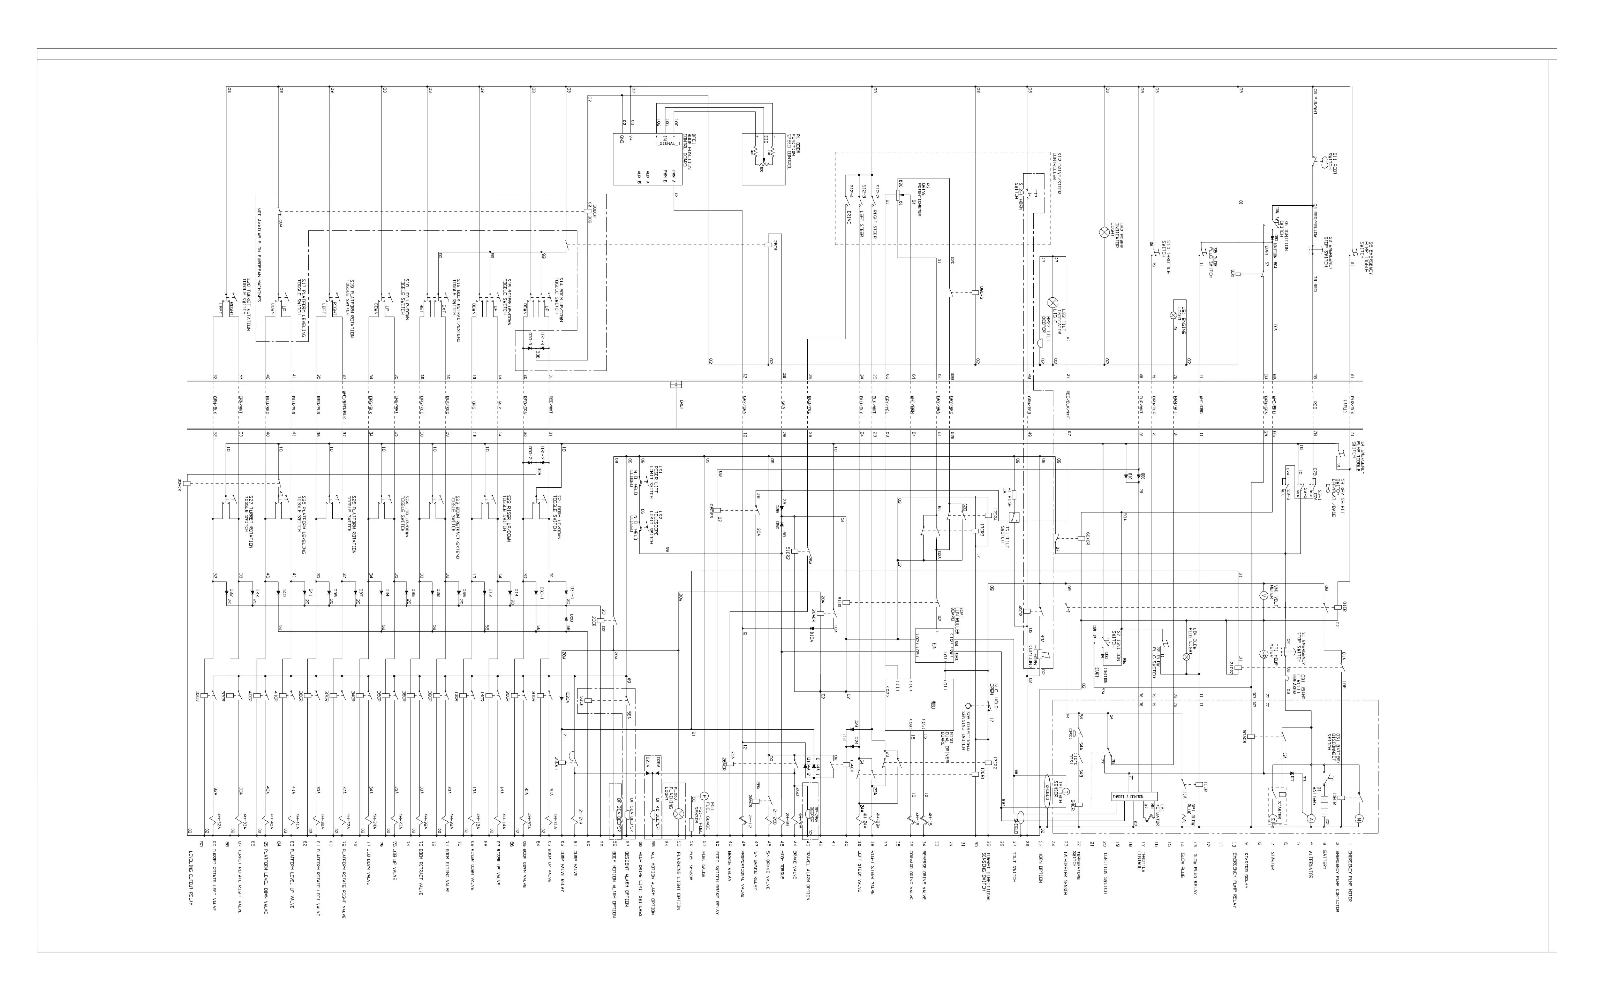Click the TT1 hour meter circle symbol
1264,654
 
